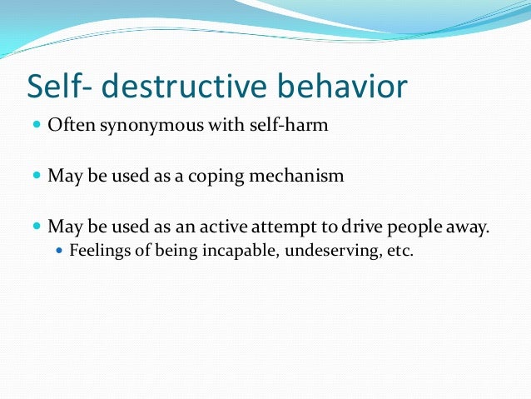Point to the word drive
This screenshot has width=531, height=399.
click(359, 226)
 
